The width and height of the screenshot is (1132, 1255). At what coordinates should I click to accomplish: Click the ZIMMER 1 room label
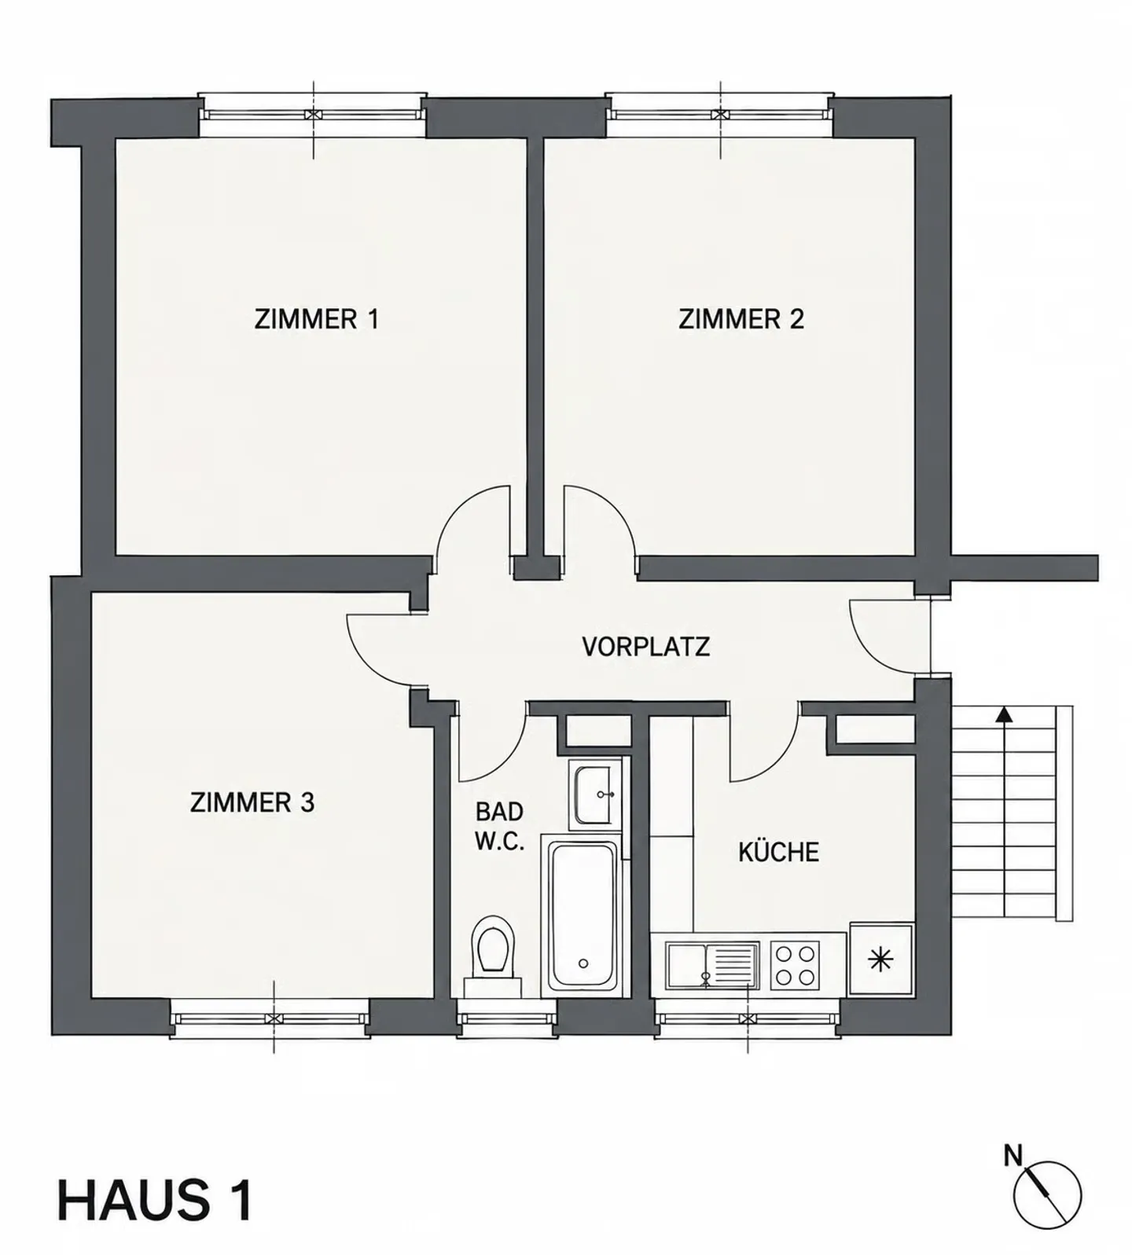[x=316, y=320]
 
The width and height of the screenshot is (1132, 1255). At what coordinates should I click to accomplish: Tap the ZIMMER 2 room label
[x=741, y=320]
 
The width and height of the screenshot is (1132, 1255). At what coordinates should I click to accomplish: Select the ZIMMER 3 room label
[x=252, y=802]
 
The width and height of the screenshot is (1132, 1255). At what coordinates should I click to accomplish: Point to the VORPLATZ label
[x=645, y=647]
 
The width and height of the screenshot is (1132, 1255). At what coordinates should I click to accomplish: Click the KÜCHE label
[x=778, y=852]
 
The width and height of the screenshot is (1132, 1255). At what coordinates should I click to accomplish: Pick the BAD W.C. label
[x=499, y=827]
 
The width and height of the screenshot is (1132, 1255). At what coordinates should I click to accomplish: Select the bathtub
[x=583, y=918]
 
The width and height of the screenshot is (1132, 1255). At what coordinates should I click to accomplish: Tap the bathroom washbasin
[x=594, y=794]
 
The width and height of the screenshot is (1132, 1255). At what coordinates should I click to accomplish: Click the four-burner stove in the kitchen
[x=794, y=965]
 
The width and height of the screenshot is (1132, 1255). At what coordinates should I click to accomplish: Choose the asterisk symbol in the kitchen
[x=881, y=960]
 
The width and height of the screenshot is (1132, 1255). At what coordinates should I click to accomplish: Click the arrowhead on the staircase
[x=1003, y=714]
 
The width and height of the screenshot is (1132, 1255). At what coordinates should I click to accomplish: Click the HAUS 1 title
[x=155, y=1199]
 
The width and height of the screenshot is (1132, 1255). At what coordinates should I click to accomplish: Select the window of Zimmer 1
[x=313, y=115]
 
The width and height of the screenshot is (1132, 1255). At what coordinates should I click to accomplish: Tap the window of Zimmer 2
[x=720, y=115]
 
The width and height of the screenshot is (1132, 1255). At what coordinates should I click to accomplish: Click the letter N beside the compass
[x=1013, y=1156]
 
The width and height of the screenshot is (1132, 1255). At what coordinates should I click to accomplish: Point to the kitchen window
[x=748, y=1018]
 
